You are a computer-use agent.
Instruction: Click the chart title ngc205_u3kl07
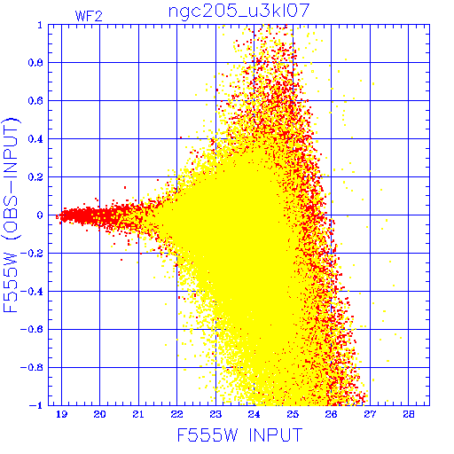point(239,12)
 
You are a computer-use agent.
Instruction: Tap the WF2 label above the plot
point(89,16)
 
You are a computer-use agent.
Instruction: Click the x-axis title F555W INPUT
point(239,434)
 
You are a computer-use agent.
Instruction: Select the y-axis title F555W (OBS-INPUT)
point(11,215)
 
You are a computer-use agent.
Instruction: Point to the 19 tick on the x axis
point(61,414)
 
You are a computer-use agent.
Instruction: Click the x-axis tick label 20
point(99,414)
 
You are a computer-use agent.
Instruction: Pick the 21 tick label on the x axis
point(138,414)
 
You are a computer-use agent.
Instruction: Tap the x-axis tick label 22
point(176,414)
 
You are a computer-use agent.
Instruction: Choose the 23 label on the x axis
point(215,414)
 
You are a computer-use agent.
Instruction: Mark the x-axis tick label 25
point(293,414)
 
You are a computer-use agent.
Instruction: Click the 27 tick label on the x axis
point(370,414)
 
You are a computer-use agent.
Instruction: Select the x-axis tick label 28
point(409,414)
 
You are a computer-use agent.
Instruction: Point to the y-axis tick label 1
point(40,25)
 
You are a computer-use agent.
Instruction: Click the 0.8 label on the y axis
point(35,63)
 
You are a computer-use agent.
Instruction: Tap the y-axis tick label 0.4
point(35,139)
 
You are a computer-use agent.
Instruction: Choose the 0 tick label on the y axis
point(40,215)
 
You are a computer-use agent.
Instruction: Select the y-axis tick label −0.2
point(32,254)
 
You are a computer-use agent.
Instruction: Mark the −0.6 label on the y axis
point(32,330)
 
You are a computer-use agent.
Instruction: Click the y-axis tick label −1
point(35,405)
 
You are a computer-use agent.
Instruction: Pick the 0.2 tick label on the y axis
point(35,177)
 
